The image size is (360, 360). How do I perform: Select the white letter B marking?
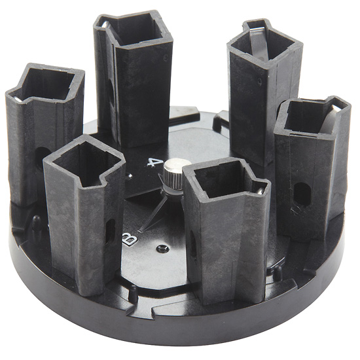(x=130, y=239)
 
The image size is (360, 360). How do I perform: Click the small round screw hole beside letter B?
(x=162, y=249)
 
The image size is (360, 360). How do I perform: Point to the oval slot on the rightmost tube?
(x=302, y=194)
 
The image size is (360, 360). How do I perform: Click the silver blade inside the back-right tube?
(x=259, y=44)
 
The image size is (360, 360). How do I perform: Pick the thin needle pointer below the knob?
(x=153, y=213)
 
